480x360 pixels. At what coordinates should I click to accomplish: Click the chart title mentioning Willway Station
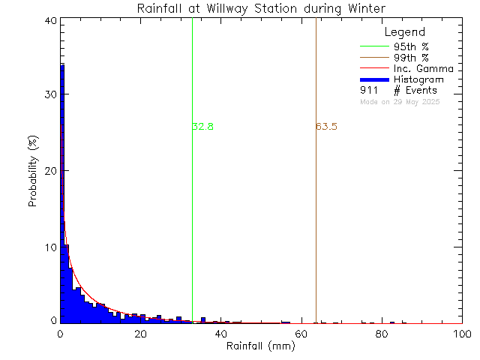[262, 8]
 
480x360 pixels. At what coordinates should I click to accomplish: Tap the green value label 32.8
[203, 127]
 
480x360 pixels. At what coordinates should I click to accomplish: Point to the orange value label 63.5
[326, 127]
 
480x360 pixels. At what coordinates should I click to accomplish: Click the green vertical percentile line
[193, 225]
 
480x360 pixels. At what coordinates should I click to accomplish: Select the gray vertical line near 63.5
[316, 225]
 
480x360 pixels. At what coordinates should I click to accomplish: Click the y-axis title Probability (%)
[33, 172]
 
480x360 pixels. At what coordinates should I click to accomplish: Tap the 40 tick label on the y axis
[49, 21]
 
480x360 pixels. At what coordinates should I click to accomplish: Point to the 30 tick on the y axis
[49, 94]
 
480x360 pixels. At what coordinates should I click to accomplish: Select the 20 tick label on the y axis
[49, 171]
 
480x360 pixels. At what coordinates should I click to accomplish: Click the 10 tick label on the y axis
[49, 247]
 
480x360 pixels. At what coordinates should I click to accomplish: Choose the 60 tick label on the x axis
[301, 334]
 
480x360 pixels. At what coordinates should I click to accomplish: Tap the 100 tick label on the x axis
[461, 334]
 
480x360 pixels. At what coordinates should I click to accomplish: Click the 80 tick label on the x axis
[382, 334]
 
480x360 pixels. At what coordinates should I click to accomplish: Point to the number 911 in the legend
[368, 91]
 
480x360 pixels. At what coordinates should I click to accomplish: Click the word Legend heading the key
[404, 32]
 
